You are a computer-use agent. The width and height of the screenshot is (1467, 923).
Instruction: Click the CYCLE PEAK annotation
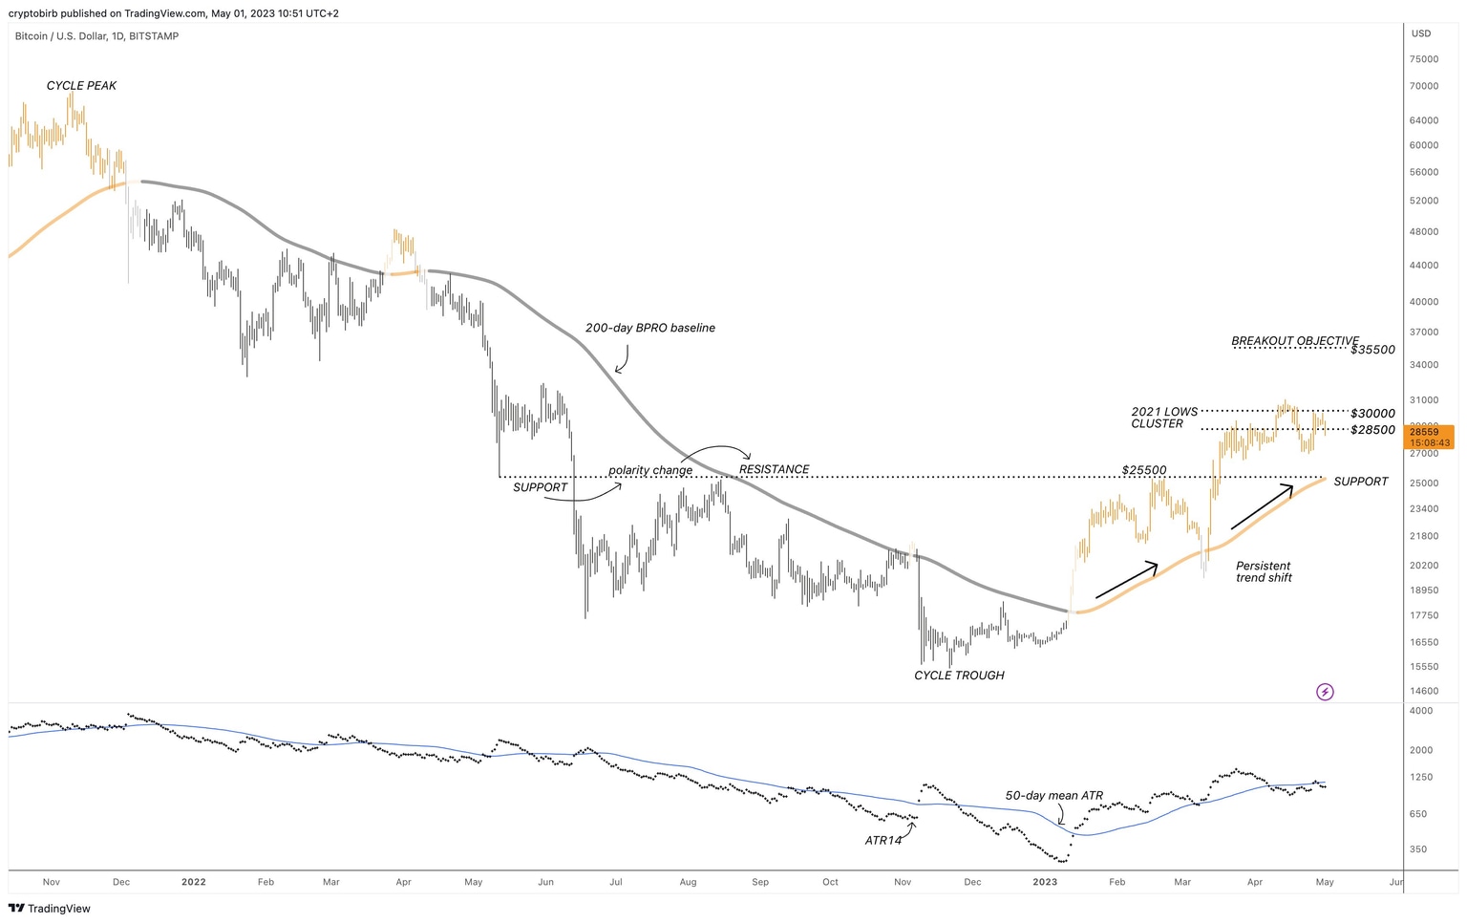click(81, 86)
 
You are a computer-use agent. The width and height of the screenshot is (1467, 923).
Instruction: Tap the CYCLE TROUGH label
click(959, 676)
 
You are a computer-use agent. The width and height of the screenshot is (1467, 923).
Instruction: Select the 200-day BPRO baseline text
click(649, 328)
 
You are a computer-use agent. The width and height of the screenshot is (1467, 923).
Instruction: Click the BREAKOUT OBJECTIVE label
click(1294, 341)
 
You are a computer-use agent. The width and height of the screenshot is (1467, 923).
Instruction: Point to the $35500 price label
click(1372, 350)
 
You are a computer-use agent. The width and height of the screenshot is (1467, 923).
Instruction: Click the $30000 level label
click(1372, 414)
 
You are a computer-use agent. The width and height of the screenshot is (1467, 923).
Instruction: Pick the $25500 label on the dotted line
click(1144, 470)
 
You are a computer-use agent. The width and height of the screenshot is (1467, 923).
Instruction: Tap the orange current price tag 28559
click(1430, 432)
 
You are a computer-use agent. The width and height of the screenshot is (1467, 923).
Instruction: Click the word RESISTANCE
click(774, 469)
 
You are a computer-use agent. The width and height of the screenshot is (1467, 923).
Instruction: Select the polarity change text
click(650, 470)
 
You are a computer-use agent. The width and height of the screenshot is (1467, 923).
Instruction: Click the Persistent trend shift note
click(1264, 571)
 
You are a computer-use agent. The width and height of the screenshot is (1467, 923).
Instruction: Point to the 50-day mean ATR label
click(1053, 795)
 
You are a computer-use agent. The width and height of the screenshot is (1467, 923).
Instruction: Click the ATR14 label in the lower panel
click(882, 841)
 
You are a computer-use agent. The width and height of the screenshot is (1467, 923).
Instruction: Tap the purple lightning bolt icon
click(1325, 692)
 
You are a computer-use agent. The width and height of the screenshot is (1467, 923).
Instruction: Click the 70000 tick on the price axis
click(1423, 86)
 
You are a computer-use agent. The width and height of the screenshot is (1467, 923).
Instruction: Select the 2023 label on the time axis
click(1045, 882)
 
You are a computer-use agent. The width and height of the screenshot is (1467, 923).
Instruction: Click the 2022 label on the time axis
click(194, 882)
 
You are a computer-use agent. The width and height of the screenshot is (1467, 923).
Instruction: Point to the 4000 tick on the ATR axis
click(1420, 711)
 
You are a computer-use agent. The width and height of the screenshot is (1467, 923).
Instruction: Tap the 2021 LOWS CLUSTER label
click(1163, 418)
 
